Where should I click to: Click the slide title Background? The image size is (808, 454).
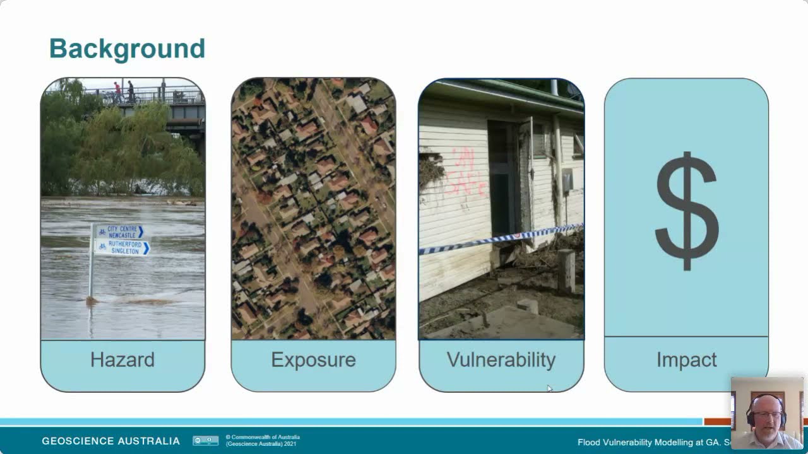(127, 49)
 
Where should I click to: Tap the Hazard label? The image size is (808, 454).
(122, 360)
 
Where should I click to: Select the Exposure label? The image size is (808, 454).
(313, 360)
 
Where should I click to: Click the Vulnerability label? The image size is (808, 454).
(501, 360)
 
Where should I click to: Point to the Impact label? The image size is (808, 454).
(686, 360)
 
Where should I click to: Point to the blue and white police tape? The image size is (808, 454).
(499, 239)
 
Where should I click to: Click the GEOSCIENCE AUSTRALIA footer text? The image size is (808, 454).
(110, 441)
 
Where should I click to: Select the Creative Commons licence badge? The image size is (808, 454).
(205, 441)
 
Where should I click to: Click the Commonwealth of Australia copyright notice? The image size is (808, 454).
(262, 440)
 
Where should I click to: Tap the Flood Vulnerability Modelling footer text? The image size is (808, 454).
(653, 443)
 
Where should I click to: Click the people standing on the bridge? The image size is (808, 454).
(124, 91)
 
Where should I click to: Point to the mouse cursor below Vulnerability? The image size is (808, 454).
(549, 388)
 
